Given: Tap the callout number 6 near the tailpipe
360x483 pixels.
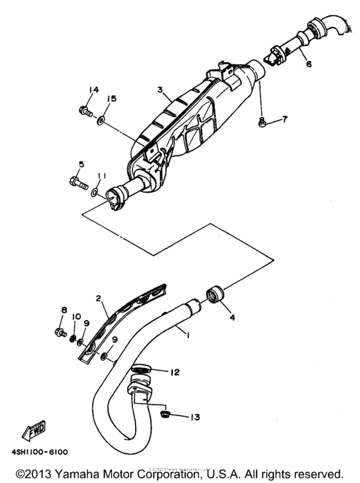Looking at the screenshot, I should [308, 64].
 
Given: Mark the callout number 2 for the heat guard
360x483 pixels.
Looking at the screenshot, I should [100, 299].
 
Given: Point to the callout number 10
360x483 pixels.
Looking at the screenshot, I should [75, 317].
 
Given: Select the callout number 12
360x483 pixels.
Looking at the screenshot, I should [174, 372].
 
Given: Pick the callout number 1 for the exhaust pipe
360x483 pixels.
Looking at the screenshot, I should [188, 334].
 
